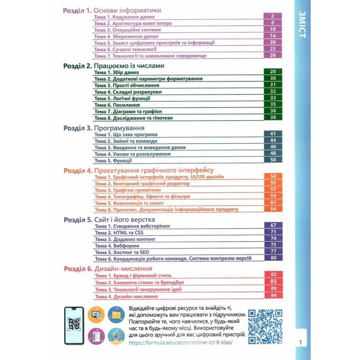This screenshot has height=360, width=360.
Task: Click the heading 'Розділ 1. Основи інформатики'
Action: click(112, 10)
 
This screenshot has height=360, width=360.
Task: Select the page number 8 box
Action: click(273, 23)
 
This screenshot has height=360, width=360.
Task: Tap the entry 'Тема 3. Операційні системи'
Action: click(127, 30)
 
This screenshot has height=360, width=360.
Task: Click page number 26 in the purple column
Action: click(273, 55)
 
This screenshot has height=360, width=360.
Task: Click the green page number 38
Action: click(273, 117)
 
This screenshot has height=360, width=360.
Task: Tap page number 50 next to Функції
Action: click(273, 160)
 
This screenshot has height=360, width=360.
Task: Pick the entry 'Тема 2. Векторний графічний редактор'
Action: click(142, 184)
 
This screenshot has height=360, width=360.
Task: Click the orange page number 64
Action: click(273, 209)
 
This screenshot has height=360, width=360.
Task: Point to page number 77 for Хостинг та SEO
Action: click(273, 252)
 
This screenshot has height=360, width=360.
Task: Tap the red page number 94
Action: click(273, 296)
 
